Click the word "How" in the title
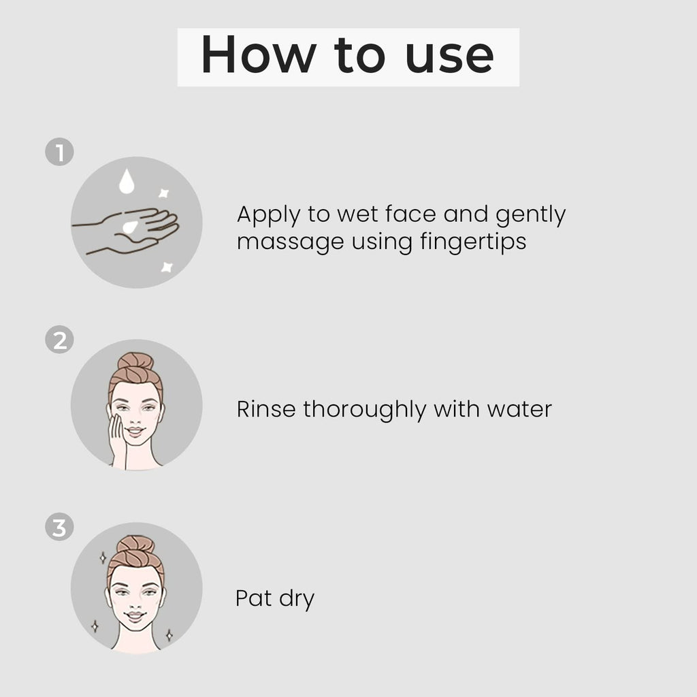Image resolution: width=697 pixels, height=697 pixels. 259,54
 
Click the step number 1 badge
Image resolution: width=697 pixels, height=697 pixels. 60,152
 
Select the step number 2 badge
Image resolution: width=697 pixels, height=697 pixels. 60,340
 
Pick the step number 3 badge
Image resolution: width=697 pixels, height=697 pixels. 60,528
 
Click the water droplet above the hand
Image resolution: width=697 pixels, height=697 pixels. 127,181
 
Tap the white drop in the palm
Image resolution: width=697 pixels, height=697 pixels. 130,227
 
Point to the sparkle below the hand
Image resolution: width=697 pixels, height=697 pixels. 167,267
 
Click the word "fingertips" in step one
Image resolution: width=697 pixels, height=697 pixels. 473,243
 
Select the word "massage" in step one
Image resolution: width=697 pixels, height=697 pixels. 291,244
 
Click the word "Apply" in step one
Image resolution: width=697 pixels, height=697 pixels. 269,216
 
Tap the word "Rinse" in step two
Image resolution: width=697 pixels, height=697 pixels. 266,409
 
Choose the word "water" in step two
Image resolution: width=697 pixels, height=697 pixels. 519,410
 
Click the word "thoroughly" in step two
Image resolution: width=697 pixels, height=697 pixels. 365,410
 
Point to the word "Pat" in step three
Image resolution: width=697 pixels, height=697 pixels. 253,598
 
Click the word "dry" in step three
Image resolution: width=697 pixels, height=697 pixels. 297,599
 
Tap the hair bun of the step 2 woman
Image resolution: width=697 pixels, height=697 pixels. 135,362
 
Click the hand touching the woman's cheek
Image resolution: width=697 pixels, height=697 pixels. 118,441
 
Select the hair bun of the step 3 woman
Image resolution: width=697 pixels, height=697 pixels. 135,546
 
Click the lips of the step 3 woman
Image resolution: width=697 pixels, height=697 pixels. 135,615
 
